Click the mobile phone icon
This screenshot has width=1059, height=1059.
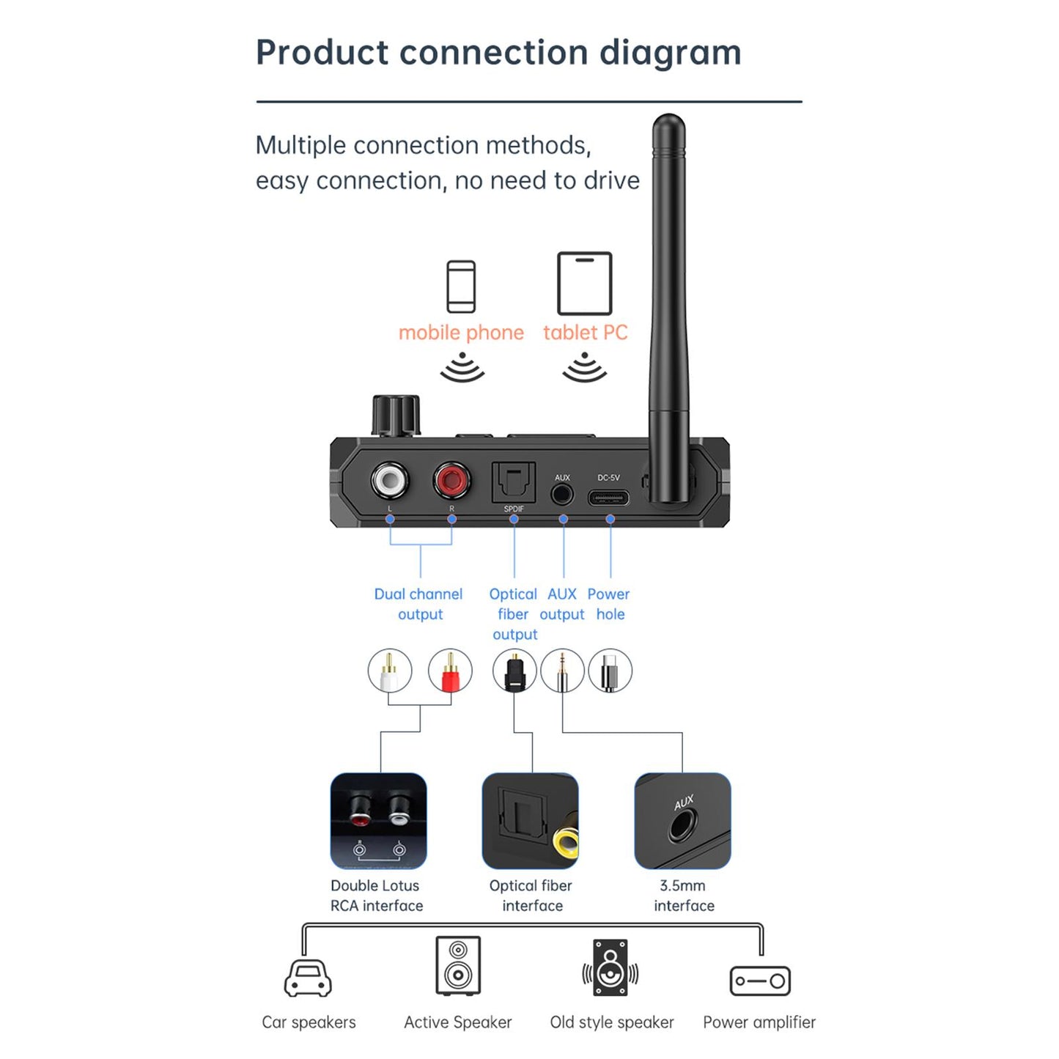[461, 287]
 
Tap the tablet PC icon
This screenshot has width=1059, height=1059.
[584, 284]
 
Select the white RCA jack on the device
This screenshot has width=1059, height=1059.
[389, 480]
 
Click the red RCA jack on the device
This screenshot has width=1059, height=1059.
[451, 480]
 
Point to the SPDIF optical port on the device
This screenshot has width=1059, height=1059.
[514, 482]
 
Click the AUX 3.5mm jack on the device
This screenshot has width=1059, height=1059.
[562, 495]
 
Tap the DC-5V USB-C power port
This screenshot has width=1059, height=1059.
[608, 498]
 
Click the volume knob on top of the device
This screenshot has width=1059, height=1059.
[396, 416]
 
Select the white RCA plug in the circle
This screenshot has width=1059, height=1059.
[389, 671]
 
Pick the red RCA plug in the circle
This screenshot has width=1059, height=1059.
[450, 671]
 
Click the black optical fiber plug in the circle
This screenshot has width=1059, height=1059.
[514, 671]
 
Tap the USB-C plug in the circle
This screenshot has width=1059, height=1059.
[610, 671]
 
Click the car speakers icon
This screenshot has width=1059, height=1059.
[308, 978]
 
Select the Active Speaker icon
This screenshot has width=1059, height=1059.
[458, 965]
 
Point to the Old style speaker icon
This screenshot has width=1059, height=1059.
[610, 967]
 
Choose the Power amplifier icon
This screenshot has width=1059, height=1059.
[760, 981]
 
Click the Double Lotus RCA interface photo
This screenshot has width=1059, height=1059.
[378, 821]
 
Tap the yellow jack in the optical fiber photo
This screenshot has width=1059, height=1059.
[567, 843]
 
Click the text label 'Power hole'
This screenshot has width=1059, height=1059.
[609, 604]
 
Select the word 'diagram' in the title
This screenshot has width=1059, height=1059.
[670, 53]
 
